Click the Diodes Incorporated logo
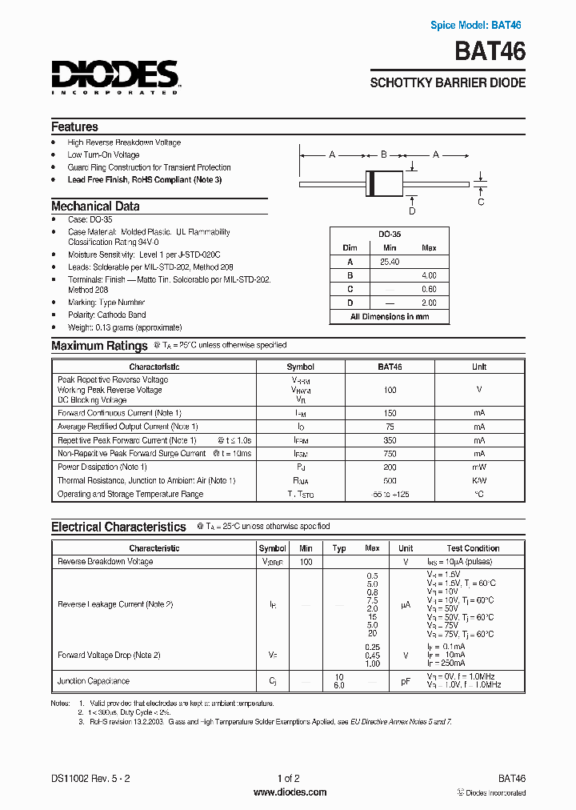coord(115,77)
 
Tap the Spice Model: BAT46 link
coord(475,26)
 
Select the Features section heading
coord(74,126)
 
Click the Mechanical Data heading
coord(95,206)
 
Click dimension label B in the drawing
coord(384,154)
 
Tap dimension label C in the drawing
coord(481,202)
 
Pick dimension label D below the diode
coord(412,211)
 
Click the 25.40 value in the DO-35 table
coord(390,261)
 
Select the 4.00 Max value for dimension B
coord(429,275)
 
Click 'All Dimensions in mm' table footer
coord(390,316)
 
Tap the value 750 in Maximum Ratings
coord(390,453)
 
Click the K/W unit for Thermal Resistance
coord(478,480)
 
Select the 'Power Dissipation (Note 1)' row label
coord(102,467)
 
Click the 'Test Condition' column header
coord(473,548)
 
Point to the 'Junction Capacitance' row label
coord(93,681)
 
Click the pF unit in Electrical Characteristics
coord(406,681)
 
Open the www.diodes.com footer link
coord(290,792)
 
